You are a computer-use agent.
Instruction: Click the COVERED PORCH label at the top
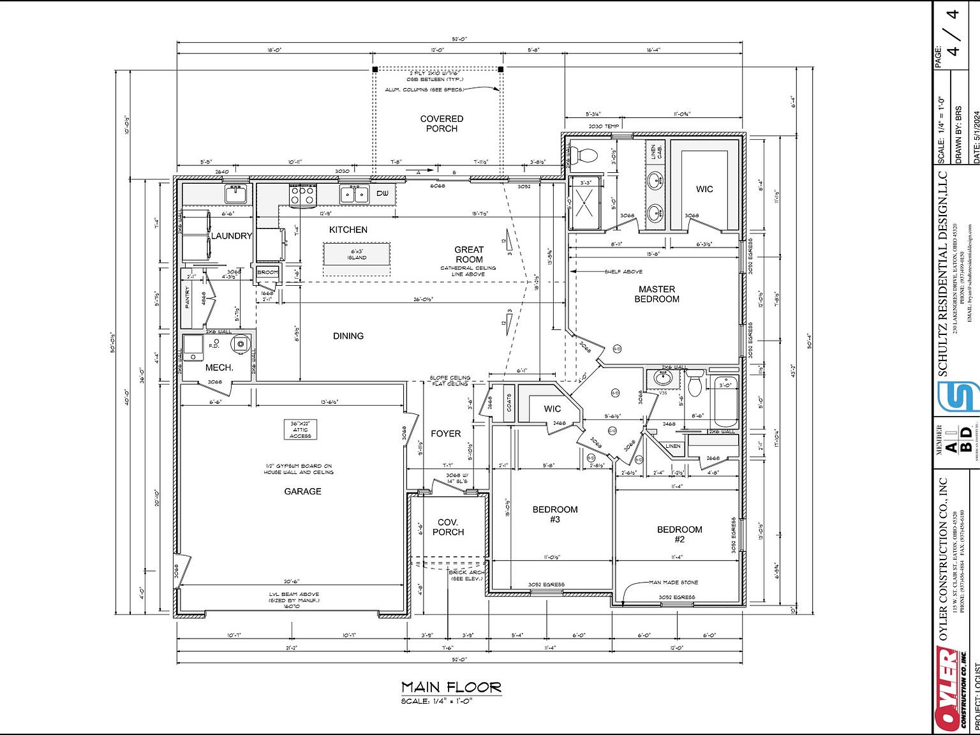click(x=442, y=124)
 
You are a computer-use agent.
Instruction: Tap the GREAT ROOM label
click(x=469, y=255)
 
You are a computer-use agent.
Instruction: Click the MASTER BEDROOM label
click(x=657, y=294)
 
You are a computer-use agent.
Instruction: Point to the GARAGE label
click(x=302, y=491)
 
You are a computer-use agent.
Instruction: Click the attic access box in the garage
click(x=300, y=429)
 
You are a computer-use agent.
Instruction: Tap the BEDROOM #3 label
click(x=555, y=514)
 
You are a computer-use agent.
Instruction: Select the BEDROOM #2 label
click(x=679, y=534)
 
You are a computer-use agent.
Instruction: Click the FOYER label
click(x=445, y=434)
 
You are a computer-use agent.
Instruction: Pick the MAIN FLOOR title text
click(x=451, y=687)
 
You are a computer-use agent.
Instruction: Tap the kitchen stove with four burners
click(x=303, y=195)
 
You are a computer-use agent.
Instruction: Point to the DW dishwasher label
click(x=382, y=193)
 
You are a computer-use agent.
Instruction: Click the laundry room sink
click(x=235, y=193)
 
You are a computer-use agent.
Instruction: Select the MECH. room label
click(x=219, y=368)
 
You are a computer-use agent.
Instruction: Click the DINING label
click(x=348, y=336)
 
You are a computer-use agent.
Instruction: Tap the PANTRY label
click(x=188, y=298)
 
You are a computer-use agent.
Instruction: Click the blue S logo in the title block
click(x=958, y=396)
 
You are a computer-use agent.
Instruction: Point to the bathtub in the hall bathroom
click(x=725, y=402)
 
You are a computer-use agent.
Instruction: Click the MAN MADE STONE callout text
click(x=673, y=583)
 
